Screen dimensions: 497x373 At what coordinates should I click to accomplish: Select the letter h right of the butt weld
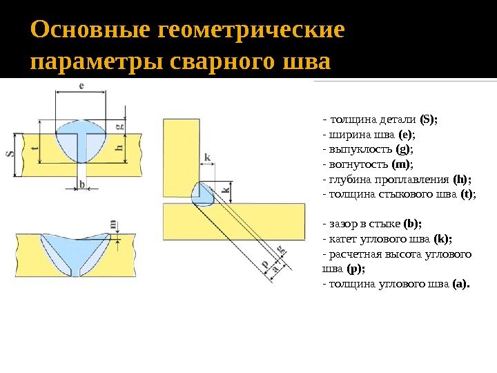pos(119,147)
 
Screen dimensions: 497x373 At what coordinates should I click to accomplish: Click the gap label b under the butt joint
pos(83,184)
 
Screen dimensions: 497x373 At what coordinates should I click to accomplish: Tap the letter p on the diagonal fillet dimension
pos(264,265)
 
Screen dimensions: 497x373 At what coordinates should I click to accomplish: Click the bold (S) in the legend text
pos(429,119)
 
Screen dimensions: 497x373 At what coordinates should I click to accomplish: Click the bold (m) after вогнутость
pos(402,164)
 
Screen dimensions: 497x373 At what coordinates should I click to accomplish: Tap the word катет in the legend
pos(342,239)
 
